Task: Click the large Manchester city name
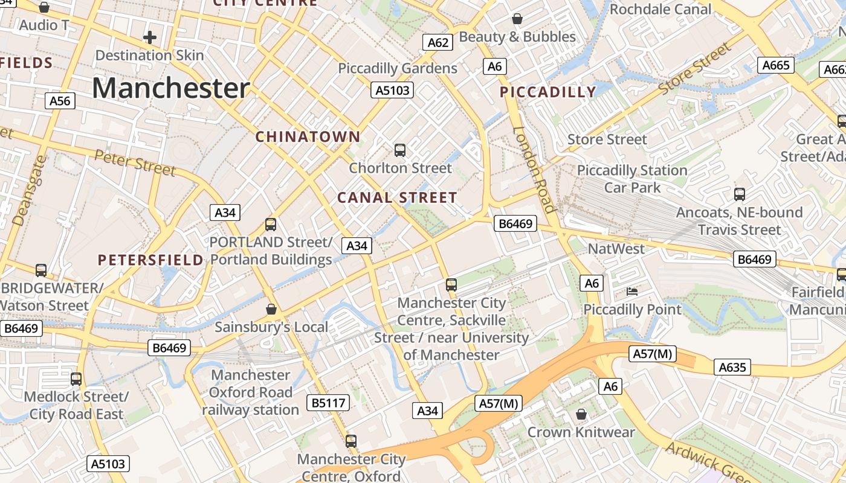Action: click(x=170, y=88)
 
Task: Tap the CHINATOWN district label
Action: click(x=308, y=137)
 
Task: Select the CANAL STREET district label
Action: click(x=397, y=198)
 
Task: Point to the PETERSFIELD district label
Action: click(x=150, y=260)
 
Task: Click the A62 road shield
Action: click(x=438, y=42)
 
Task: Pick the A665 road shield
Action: click(x=776, y=65)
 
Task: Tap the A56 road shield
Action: click(x=60, y=100)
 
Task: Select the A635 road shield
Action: click(x=732, y=367)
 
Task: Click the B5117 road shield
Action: click(x=328, y=403)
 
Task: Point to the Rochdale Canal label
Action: click(x=660, y=10)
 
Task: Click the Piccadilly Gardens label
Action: click(x=398, y=68)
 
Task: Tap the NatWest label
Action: click(x=616, y=249)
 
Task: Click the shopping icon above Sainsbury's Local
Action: click(x=271, y=309)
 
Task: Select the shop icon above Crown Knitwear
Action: click(x=581, y=414)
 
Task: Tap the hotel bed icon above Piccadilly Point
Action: click(x=631, y=292)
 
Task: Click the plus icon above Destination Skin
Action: click(x=149, y=37)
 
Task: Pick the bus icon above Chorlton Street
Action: click(x=399, y=150)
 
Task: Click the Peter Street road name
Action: click(x=135, y=163)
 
